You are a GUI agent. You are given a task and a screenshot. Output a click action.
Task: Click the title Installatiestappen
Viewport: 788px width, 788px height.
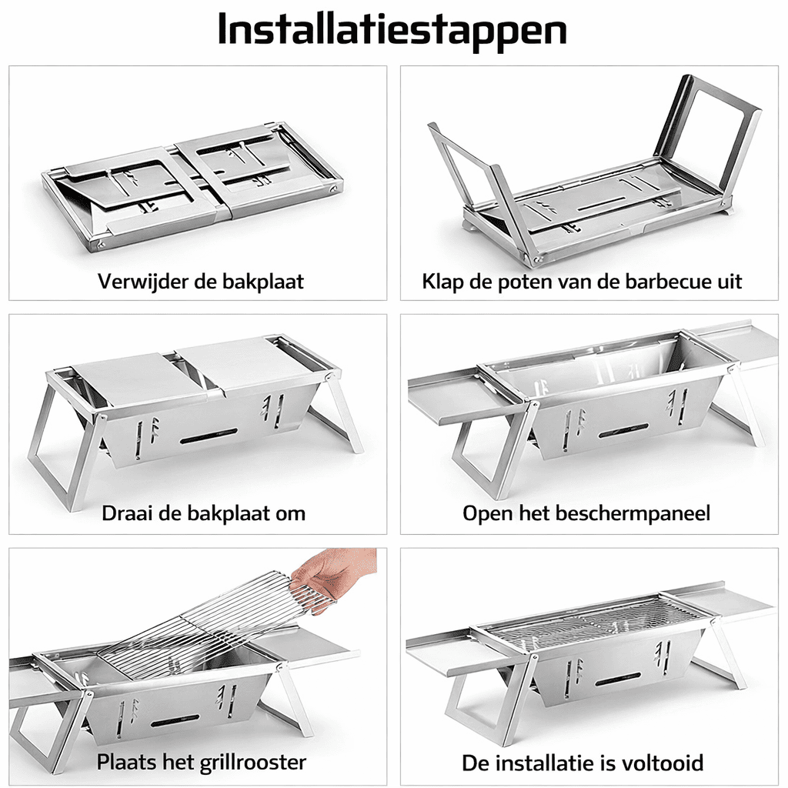393,30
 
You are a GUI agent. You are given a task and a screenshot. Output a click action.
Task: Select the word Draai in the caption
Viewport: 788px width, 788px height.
126,513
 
